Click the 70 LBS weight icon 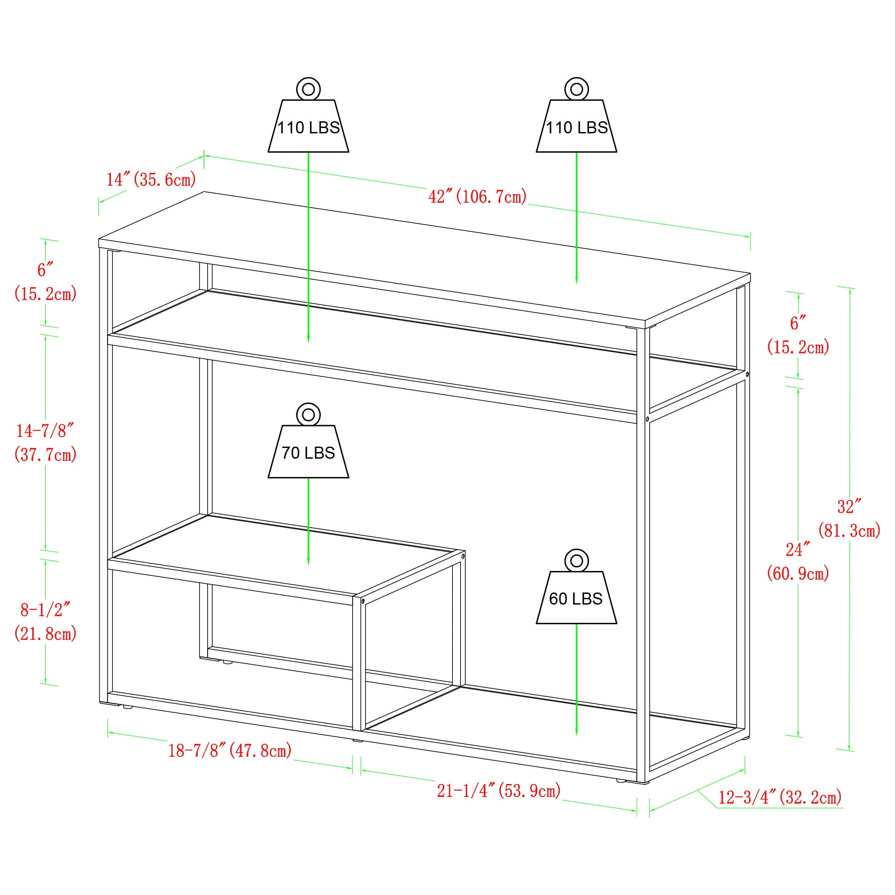(x=308, y=440)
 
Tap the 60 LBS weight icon (x=576, y=587)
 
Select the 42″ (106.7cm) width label (x=477, y=196)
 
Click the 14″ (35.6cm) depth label (x=151, y=179)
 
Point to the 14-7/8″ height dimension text (x=45, y=431)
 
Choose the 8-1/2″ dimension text (x=45, y=609)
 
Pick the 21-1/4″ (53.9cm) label (x=499, y=790)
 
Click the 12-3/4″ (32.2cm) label (x=780, y=797)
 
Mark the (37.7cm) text (x=45, y=455)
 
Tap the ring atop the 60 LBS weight (x=576, y=561)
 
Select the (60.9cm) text (x=798, y=574)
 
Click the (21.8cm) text (x=45, y=633)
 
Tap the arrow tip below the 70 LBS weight (x=308, y=565)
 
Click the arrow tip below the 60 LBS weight (x=576, y=735)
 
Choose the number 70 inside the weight (x=290, y=452)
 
